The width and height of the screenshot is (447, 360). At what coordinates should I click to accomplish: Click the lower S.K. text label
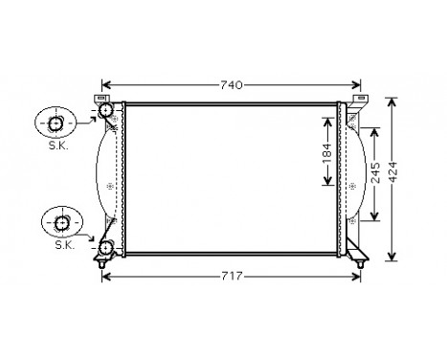tap(63, 244)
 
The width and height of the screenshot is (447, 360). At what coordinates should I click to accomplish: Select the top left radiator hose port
tap(105, 114)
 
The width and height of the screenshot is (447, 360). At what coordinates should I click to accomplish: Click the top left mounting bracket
tap(99, 98)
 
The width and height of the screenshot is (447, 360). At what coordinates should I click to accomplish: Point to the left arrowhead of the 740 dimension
tap(106, 84)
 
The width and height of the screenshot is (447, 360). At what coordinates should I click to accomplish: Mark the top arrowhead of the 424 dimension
tap(392, 100)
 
